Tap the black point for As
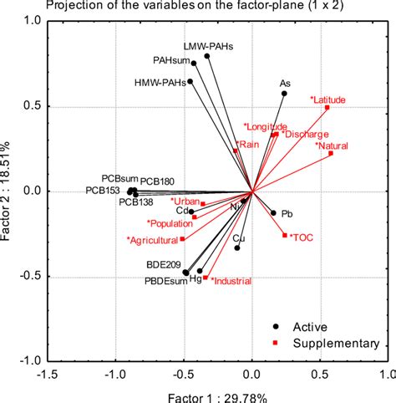[284, 94]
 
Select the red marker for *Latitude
[327, 108]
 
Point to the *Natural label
[333, 145]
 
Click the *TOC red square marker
[284, 236]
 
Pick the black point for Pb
[272, 212]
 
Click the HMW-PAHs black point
[190, 82]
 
